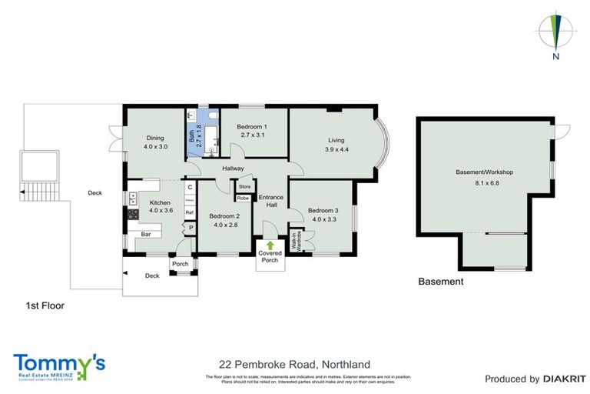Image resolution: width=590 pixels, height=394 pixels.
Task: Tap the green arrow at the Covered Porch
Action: pos(270,245)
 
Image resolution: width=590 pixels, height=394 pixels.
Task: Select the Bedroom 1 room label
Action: pos(252,126)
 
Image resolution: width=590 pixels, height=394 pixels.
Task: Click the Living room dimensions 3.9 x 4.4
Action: pos(336,149)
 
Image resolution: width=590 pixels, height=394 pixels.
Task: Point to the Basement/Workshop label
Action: pos(484,172)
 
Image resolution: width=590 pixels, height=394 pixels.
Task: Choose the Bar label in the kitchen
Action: pos(145,233)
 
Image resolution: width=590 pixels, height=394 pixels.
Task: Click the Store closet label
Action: pos(244,187)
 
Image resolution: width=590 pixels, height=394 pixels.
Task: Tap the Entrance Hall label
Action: pos(270,200)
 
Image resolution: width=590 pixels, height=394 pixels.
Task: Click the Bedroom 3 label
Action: pos(323,210)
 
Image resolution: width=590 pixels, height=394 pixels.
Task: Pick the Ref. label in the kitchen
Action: pos(189,212)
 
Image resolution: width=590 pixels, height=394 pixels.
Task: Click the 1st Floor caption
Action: pos(44,306)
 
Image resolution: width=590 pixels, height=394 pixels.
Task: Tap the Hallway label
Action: pos(233,169)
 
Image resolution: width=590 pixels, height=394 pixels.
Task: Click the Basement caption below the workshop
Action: pos(440,282)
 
